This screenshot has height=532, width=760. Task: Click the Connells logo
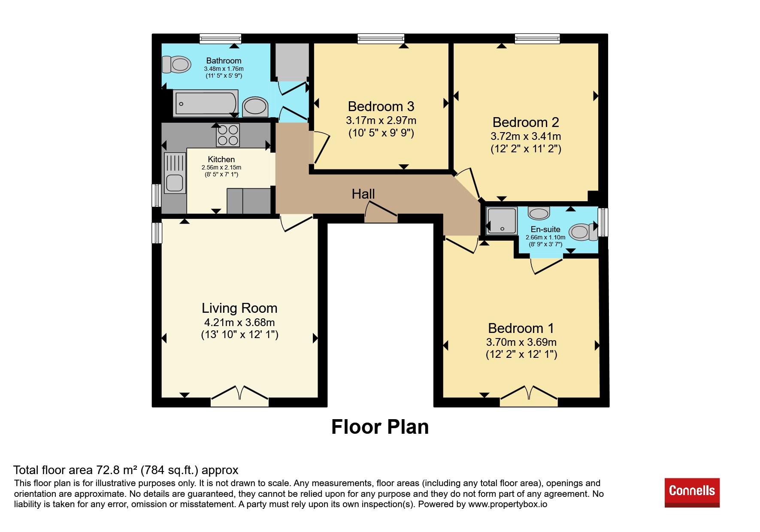[692, 493]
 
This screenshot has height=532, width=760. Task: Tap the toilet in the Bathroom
[176, 64]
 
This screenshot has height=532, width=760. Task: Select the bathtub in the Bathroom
[206, 103]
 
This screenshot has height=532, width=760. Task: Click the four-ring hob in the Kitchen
[228, 135]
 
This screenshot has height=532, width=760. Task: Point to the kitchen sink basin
[175, 183]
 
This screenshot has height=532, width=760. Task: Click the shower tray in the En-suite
[502, 221]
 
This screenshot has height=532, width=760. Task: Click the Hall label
[363, 194]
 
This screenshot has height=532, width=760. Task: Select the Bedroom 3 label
[381, 106]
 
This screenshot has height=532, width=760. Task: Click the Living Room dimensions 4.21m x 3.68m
[239, 322]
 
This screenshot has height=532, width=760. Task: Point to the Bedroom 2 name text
[526, 122]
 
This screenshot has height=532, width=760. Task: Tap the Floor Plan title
[380, 427]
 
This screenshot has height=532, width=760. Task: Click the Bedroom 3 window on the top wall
[381, 39]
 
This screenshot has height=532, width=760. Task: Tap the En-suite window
[603, 222]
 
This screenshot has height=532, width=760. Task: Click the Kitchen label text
[221, 160]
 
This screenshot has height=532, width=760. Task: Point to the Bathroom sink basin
[255, 107]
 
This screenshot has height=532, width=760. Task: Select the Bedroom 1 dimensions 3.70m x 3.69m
[521, 342]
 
